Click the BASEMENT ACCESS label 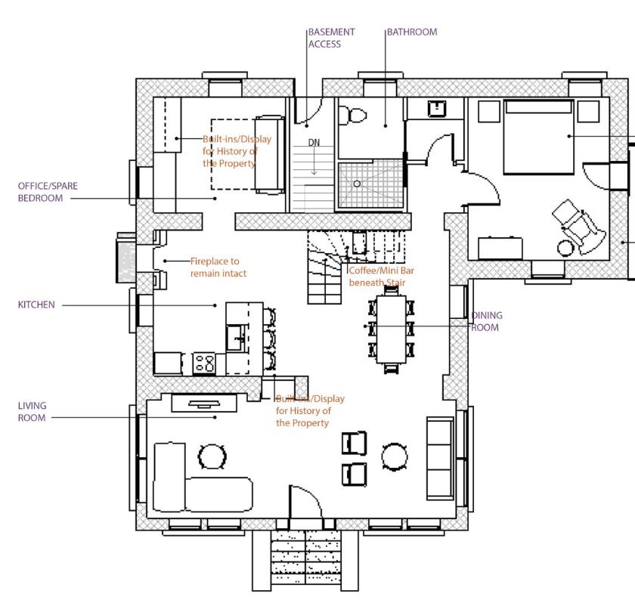point(331,38)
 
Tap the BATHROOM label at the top point(412,32)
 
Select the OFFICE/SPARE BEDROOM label point(48,192)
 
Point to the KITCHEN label point(36,305)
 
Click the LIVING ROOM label point(32,412)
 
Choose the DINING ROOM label point(486,321)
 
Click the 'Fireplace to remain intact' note point(218,267)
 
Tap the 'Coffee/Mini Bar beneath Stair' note point(381,276)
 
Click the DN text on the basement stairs point(314,143)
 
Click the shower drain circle point(357,184)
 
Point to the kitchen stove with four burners point(204,363)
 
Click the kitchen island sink point(237,336)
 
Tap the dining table point(391,328)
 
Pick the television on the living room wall point(204,403)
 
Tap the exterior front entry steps point(305,559)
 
